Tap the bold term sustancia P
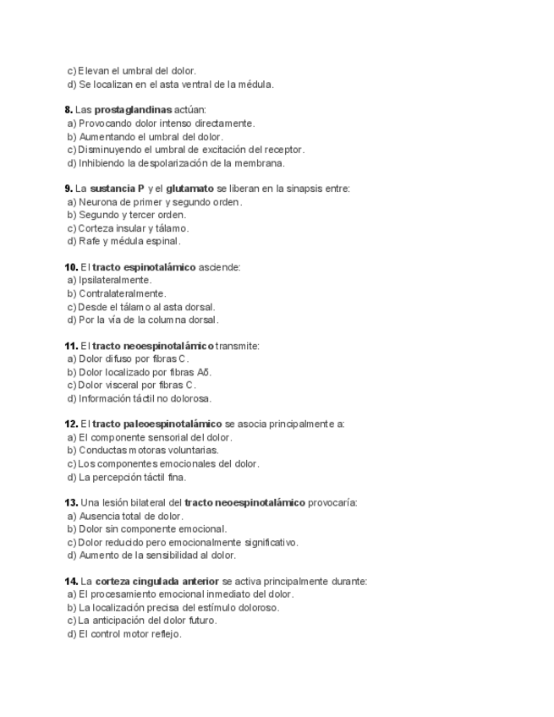[117, 189]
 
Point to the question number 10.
[71, 267]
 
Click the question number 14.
[71, 581]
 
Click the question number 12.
[71, 424]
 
